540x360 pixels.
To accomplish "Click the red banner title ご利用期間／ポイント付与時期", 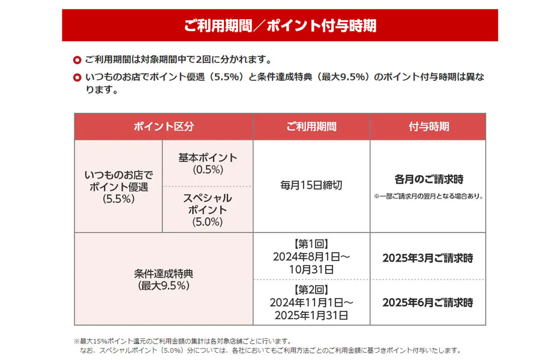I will pyautogui.click(x=280, y=26).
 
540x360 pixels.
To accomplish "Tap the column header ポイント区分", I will pyautogui.click(x=163, y=127).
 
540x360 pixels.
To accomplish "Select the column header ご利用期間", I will pyautogui.click(x=311, y=127).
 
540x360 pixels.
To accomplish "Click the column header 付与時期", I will pyautogui.click(x=428, y=127).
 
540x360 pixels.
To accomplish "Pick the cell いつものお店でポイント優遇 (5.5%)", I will pyautogui.click(x=118, y=187).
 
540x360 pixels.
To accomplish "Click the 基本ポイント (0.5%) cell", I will pyautogui.click(x=208, y=163).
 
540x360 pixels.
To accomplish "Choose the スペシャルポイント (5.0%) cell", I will pyautogui.click(x=208, y=209).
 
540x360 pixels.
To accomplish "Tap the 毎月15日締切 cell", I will pyautogui.click(x=311, y=185).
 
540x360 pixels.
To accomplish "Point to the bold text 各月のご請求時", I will pyautogui.click(x=428, y=179).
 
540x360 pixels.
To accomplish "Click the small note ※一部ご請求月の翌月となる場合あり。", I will pyautogui.click(x=428, y=196).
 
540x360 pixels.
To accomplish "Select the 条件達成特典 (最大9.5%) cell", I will pyautogui.click(x=163, y=280).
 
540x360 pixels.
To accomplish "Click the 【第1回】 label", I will pyautogui.click(x=311, y=245).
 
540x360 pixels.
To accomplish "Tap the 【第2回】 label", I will pyautogui.click(x=311, y=290).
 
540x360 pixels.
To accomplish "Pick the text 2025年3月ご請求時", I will pyautogui.click(x=428, y=259).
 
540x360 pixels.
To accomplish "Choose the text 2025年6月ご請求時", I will pyautogui.click(x=428, y=303).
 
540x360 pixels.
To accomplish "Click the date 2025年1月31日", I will pyautogui.click(x=311, y=314).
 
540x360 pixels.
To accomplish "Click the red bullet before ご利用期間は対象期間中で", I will pyautogui.click(x=77, y=60).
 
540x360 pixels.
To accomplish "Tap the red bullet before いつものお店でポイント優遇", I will pyautogui.click(x=77, y=78).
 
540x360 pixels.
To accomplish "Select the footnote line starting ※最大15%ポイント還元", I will pyautogui.click(x=183, y=341).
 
